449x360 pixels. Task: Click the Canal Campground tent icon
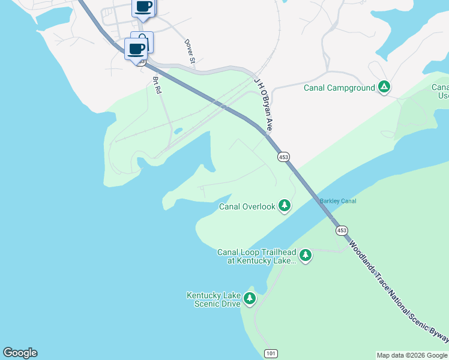[x=384, y=88]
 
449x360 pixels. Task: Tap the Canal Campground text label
[x=339, y=88]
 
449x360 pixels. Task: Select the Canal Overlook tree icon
[x=284, y=206]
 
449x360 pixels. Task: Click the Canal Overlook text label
[x=247, y=207]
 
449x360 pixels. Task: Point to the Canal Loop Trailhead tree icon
[x=306, y=256]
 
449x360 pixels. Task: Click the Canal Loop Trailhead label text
[x=257, y=256]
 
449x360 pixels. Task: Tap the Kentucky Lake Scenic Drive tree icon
[x=250, y=298]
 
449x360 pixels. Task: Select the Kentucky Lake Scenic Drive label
[x=214, y=299]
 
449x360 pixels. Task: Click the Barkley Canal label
[x=338, y=201]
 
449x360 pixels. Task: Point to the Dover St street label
[x=190, y=52]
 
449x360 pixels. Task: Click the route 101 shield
[x=271, y=353]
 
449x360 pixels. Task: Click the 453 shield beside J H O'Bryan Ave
[x=284, y=157]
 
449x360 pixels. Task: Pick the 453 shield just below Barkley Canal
[x=342, y=230]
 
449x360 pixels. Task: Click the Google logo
[x=20, y=353]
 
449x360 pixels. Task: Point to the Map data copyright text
[x=412, y=355]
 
